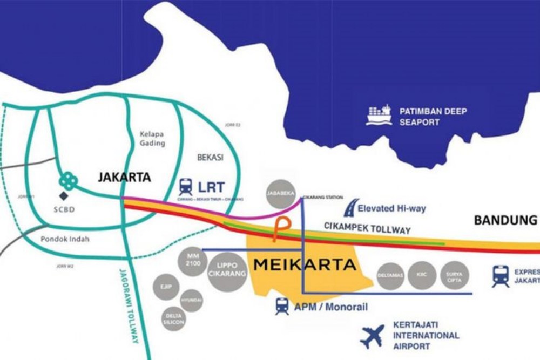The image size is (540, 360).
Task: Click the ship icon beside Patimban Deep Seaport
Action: pos(379,115)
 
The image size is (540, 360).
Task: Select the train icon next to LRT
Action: pos(186,187)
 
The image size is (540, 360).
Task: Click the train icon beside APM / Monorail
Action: pos(282,306)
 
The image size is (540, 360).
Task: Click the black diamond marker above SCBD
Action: pos(64,195)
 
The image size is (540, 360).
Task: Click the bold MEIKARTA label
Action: pos(305,265)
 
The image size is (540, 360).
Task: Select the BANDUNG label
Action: pos(505,220)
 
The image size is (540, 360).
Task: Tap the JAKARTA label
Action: pos(124,176)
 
